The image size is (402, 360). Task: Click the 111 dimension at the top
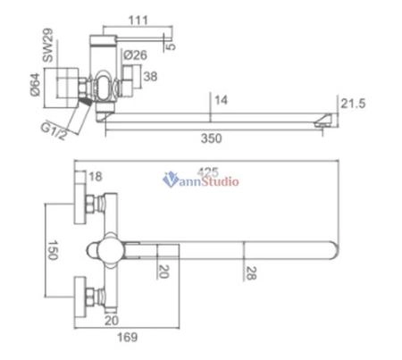click(137, 19)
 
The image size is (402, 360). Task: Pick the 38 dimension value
click(149, 77)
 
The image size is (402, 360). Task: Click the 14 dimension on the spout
click(222, 102)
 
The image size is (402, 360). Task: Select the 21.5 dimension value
click(354, 105)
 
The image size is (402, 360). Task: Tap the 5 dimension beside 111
click(172, 40)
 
